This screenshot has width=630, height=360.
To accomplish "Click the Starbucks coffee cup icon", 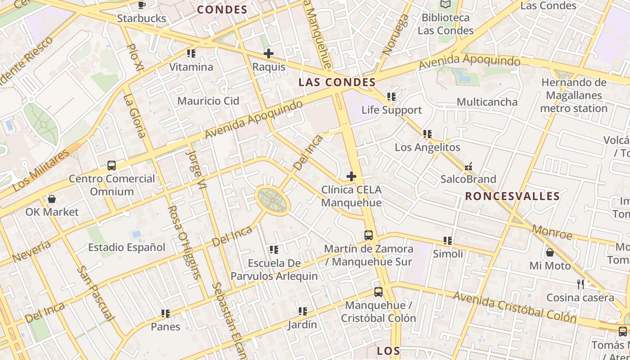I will [x=142, y=5].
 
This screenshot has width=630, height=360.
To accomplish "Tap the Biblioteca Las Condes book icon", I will [x=445, y=4].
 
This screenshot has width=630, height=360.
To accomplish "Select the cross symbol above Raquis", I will [x=269, y=54].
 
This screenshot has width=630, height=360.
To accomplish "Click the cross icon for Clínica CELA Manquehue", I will [x=351, y=176].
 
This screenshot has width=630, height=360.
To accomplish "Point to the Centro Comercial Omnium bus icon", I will [x=112, y=165].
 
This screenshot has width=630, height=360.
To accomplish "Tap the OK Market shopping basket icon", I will [x=52, y=199].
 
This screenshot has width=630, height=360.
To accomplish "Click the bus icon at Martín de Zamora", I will [x=369, y=235].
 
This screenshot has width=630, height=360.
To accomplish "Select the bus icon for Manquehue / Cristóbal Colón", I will [x=378, y=292].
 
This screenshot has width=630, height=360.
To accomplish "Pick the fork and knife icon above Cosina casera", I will [x=580, y=284].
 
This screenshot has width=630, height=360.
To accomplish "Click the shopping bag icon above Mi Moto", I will [x=550, y=252].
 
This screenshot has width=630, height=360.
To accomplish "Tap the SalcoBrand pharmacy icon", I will [x=468, y=166].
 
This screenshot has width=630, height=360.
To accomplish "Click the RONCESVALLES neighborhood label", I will [x=512, y=196].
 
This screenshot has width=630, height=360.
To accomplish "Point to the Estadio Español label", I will [x=126, y=247].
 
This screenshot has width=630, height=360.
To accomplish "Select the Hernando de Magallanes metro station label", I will [x=574, y=95].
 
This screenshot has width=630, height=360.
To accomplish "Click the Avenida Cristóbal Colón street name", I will [x=515, y=307].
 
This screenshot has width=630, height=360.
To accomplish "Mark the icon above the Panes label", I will [x=166, y=313].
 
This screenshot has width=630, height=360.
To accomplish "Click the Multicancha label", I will [x=487, y=102].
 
